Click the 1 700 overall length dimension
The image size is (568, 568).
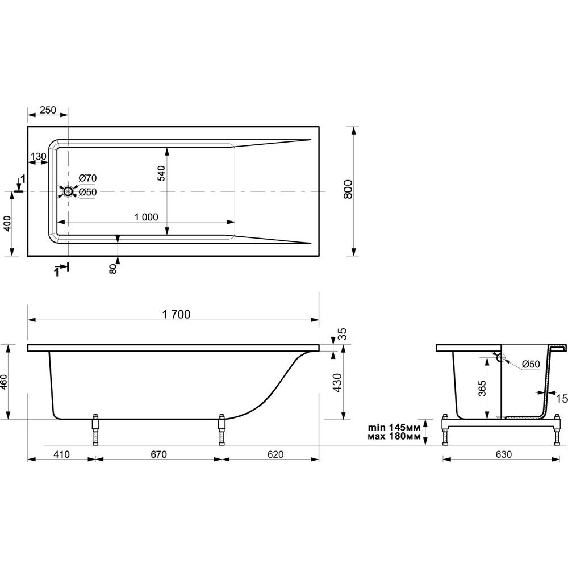click(176, 314)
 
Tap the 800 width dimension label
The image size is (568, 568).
click(348, 189)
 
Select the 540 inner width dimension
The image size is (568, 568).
click(161, 173)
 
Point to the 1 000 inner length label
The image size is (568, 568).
click(147, 216)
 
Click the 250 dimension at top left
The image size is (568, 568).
click(48, 110)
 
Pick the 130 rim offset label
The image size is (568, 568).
click(39, 157)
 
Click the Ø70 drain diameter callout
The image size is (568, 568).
click(87, 178)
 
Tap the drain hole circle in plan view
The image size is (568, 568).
click(68, 191)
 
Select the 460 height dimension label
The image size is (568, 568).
click(3, 382)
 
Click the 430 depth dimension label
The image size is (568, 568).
click(337, 382)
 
